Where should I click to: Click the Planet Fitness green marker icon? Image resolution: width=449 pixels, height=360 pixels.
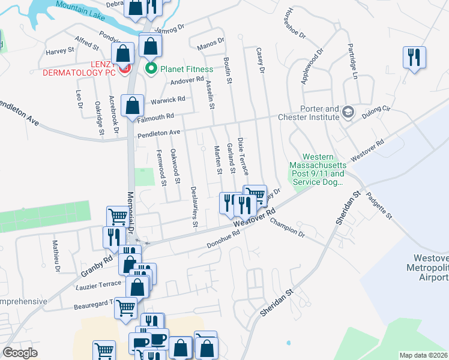(151, 69)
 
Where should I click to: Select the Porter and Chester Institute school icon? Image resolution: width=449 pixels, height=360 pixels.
(348, 112)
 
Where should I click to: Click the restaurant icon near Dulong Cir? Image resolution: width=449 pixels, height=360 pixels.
(414, 58)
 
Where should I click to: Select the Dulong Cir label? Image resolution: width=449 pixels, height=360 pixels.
(378, 110)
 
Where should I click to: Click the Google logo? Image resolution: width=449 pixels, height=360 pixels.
(20, 353)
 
